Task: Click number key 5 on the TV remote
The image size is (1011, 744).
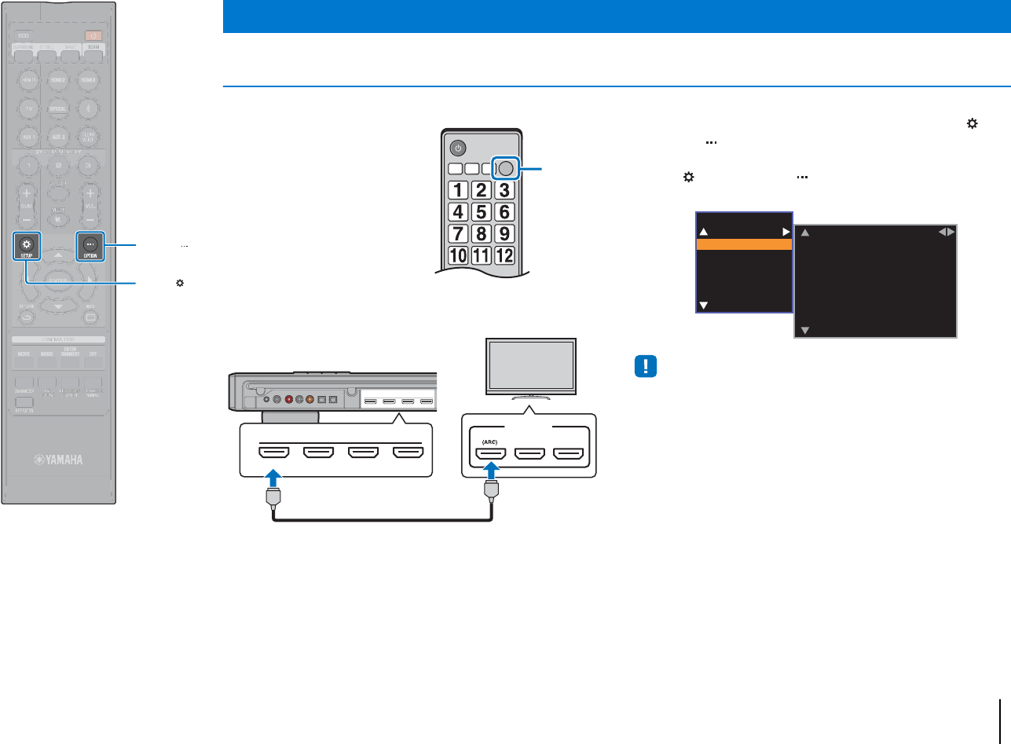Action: click(482, 211)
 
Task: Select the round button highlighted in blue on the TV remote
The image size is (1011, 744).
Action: click(506, 167)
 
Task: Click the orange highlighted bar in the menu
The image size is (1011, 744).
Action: click(744, 244)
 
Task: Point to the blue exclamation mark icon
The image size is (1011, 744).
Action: click(643, 367)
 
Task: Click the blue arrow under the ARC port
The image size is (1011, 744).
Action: click(490, 473)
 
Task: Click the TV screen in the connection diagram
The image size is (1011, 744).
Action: click(533, 367)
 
